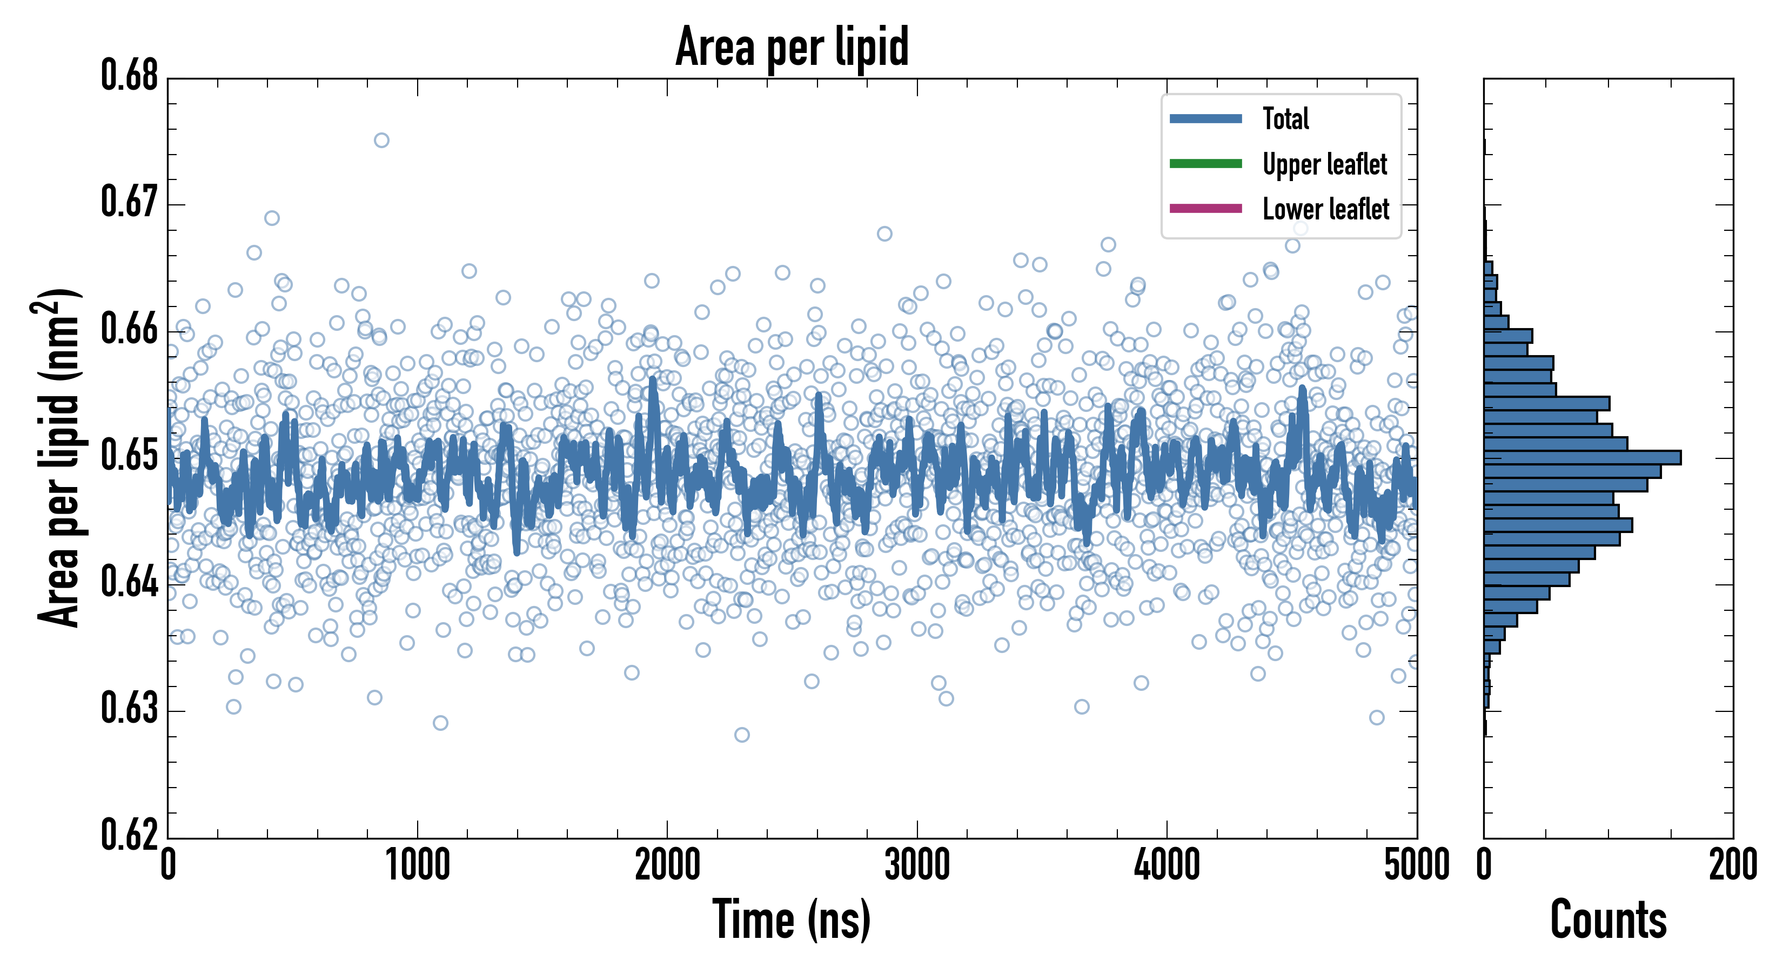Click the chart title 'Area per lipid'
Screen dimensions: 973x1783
click(x=792, y=47)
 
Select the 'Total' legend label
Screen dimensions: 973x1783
click(x=1285, y=118)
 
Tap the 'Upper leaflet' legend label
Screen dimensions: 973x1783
click(x=1324, y=164)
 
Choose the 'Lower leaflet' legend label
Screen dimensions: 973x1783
click(x=1325, y=209)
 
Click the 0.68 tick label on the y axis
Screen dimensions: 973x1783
click(x=130, y=76)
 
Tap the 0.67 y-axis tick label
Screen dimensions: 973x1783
click(x=130, y=202)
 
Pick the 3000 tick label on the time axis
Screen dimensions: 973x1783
click(x=917, y=865)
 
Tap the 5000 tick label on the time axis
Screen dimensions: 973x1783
click(x=1417, y=865)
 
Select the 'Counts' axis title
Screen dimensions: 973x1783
click(x=1608, y=919)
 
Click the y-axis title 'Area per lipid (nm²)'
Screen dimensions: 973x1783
click(x=59, y=457)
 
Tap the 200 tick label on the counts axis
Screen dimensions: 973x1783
click(x=1732, y=865)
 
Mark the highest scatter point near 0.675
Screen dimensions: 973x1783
click(x=381, y=141)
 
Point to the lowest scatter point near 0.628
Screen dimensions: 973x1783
click(x=741, y=735)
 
